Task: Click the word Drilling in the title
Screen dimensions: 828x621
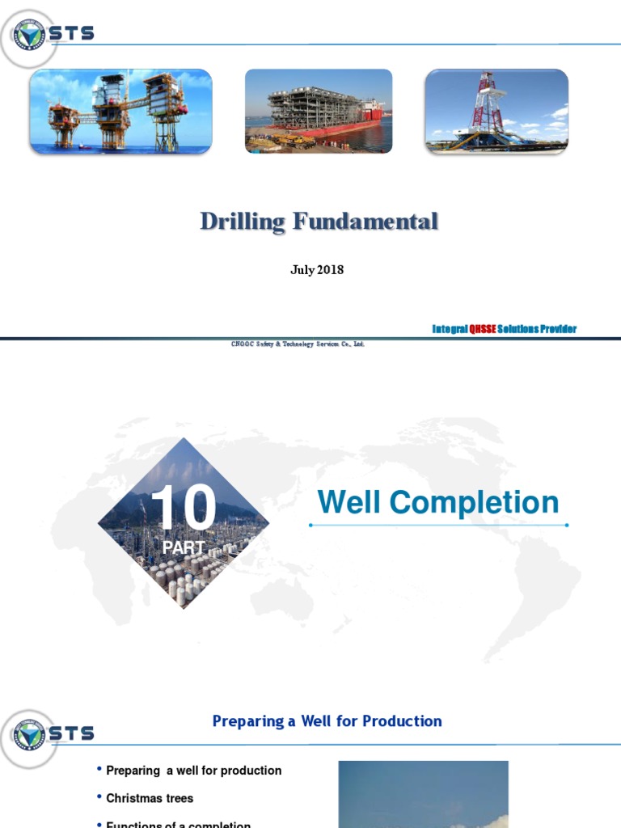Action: pos(243,222)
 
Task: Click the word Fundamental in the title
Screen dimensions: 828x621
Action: pos(365,222)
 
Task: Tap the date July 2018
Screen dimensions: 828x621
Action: pos(317,270)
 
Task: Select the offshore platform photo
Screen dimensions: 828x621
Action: pos(121,111)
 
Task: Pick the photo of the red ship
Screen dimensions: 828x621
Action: pos(319,111)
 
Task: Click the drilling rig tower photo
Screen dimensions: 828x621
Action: pos(496,111)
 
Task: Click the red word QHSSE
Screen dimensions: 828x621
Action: pos(483,328)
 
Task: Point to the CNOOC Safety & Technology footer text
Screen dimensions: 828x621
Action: pos(298,344)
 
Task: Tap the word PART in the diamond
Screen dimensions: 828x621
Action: pos(183,547)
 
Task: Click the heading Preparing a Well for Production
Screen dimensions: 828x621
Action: pos(327,720)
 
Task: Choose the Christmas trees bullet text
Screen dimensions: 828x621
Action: pos(150,798)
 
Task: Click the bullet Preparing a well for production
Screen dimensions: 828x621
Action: pos(194,771)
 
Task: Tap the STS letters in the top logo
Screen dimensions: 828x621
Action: pos(73,33)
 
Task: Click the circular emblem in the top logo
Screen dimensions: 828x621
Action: pos(30,34)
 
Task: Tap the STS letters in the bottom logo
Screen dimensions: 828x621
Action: pos(73,733)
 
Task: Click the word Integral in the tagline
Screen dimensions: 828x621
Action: pos(450,328)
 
